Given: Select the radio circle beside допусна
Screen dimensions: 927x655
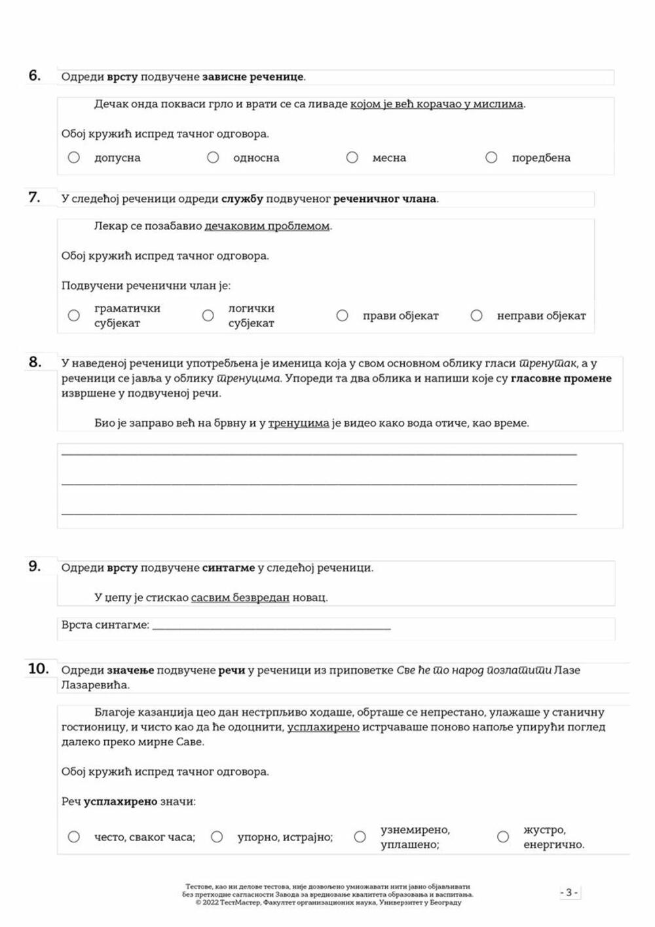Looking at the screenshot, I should pos(74,157).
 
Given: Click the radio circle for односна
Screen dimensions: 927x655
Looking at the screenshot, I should pos(213,157).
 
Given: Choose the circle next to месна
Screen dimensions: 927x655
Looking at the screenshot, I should pos(352,157).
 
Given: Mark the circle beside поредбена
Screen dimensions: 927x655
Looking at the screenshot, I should pos(491,157).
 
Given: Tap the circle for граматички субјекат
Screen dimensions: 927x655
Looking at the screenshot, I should pos(74,315).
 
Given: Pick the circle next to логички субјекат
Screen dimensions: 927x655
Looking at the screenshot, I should pos(208,315).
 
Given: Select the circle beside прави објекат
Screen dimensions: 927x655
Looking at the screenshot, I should pos(343,315).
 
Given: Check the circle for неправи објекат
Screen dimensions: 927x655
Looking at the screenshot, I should pos(477,315).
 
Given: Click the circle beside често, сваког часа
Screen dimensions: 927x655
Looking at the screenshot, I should pos(74,837).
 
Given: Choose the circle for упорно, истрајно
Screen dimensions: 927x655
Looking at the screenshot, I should pos(217,837).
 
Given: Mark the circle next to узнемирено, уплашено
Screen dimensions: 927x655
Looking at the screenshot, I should pos(360,837).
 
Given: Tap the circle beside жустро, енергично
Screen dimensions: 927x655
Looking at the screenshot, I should pos(503,837).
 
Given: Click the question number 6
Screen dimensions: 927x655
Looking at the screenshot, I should pos(35,75).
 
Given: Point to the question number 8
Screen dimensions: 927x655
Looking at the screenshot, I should pos(35,362).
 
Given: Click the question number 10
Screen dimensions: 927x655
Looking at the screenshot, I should pos(38,669).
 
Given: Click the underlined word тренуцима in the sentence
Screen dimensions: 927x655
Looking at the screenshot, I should pos(299,423).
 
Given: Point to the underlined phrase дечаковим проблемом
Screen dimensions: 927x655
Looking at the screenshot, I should pos(267,226).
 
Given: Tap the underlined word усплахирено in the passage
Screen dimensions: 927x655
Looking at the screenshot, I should pos(324,727).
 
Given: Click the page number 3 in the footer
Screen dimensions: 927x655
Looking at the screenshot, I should pos(569,892).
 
